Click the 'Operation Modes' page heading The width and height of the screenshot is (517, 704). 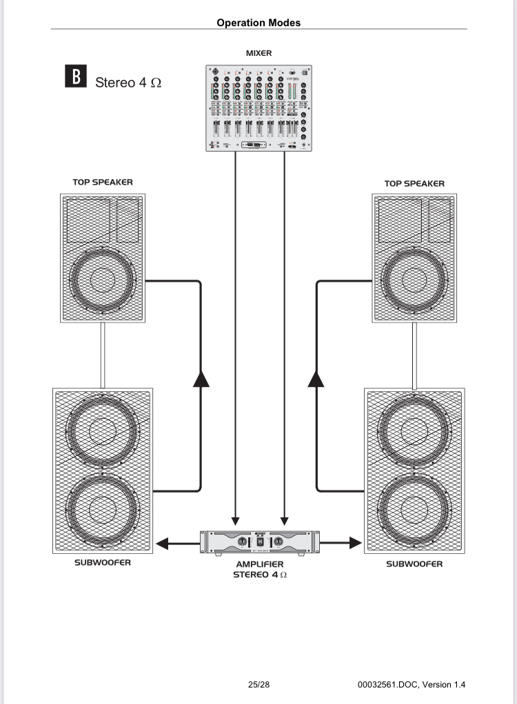(x=258, y=23)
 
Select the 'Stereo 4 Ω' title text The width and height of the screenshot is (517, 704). (x=129, y=82)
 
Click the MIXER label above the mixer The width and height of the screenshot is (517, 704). (x=258, y=52)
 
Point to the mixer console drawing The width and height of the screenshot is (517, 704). (x=259, y=109)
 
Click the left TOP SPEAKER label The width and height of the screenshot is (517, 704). (x=103, y=183)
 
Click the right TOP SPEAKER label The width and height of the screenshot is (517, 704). (x=414, y=183)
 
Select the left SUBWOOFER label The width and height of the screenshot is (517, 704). (x=103, y=563)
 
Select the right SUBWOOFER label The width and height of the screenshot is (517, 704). (x=414, y=563)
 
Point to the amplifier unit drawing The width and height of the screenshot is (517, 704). (x=259, y=542)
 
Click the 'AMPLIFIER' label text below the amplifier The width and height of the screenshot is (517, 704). (x=259, y=563)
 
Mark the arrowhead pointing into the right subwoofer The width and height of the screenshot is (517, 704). (x=355, y=543)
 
